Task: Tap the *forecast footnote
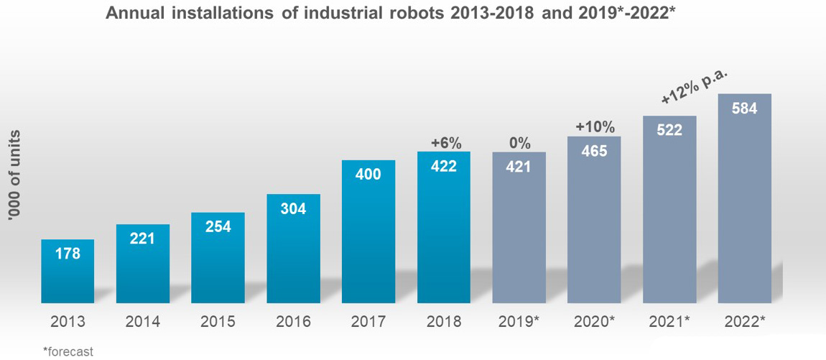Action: pos(68,351)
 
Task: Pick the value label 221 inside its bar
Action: pos(142,238)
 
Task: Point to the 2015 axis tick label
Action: pos(218,322)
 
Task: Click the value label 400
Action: pos(368,174)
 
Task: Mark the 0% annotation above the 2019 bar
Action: pos(519,143)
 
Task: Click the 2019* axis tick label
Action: pos(519,322)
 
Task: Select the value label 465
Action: pos(594,151)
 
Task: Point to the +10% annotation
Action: pos(595,127)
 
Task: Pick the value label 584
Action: pos(745,109)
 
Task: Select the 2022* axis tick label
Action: pos(745,322)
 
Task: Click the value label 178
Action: pos(68,253)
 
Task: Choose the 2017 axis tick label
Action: pos(368,322)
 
